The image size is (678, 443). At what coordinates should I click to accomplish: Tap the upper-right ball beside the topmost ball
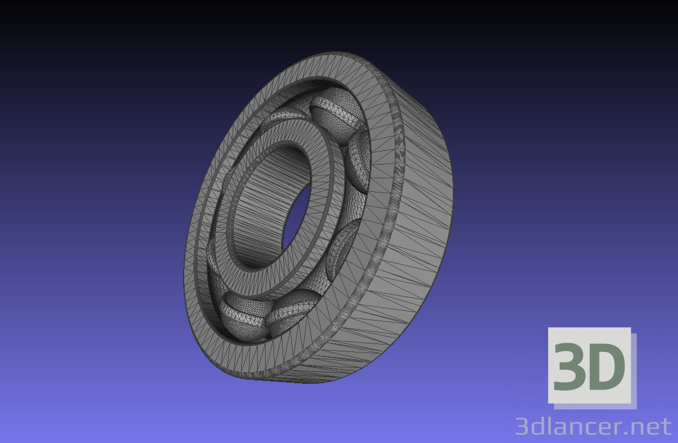[358, 152]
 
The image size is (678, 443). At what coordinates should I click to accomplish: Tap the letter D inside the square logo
[607, 367]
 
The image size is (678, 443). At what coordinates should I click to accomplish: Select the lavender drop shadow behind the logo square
[634, 370]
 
